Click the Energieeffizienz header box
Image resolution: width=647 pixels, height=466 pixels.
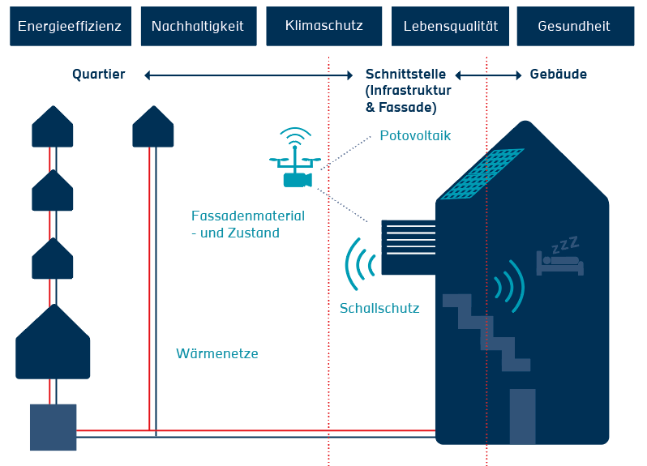click(x=69, y=26)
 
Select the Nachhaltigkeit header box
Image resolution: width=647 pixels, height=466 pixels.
click(x=197, y=26)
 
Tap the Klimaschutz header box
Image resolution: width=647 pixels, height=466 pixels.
click(x=323, y=26)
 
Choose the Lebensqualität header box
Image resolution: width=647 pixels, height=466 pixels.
click(x=450, y=26)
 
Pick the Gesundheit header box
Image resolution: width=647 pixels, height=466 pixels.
click(x=575, y=26)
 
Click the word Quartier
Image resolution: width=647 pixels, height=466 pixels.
click(x=98, y=75)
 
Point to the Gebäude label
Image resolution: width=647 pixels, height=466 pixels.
click(x=558, y=75)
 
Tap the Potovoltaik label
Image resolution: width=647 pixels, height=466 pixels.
click(x=415, y=135)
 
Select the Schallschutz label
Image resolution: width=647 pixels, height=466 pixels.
click(x=379, y=308)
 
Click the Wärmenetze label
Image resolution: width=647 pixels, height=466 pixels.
click(x=217, y=353)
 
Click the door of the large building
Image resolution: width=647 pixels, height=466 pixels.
click(x=522, y=416)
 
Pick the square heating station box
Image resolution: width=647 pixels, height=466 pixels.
click(x=53, y=427)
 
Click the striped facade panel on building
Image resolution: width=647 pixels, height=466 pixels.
click(x=409, y=247)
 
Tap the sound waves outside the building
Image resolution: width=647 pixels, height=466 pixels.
click(x=360, y=263)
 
